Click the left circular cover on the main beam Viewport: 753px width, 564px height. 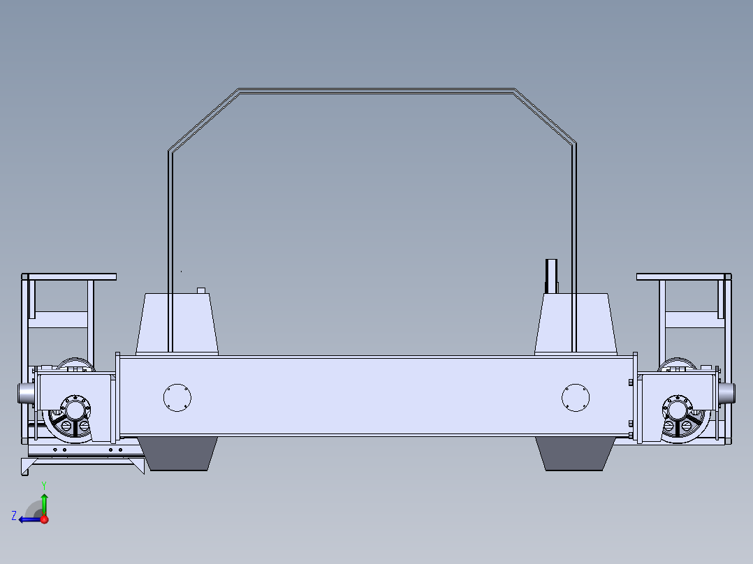click(x=177, y=397)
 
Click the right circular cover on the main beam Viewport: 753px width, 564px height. click(x=576, y=397)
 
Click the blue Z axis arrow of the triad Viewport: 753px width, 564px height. click(x=27, y=519)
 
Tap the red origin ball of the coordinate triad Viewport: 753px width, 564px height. click(x=44, y=519)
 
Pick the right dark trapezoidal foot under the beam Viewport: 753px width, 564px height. click(x=575, y=454)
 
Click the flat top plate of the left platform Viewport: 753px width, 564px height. click(x=70, y=277)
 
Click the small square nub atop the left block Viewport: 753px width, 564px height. click(x=200, y=290)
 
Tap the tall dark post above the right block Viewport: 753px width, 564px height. click(x=550, y=276)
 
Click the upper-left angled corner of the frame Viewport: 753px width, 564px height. click(x=203, y=119)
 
